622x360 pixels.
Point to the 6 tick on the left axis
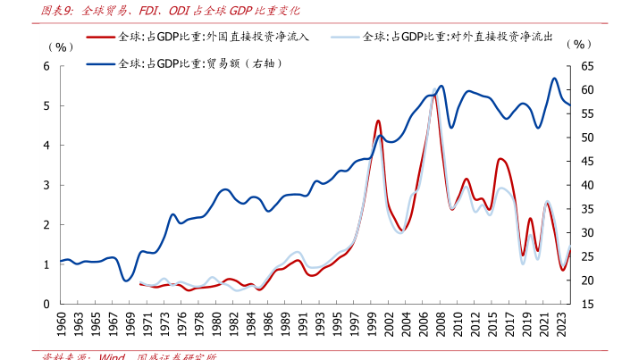[x=46, y=66]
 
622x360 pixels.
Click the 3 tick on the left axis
[x=46, y=185]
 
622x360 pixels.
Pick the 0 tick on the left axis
[x=46, y=304]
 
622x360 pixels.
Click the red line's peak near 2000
[x=378, y=120]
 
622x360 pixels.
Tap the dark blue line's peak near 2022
[x=554, y=78]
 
